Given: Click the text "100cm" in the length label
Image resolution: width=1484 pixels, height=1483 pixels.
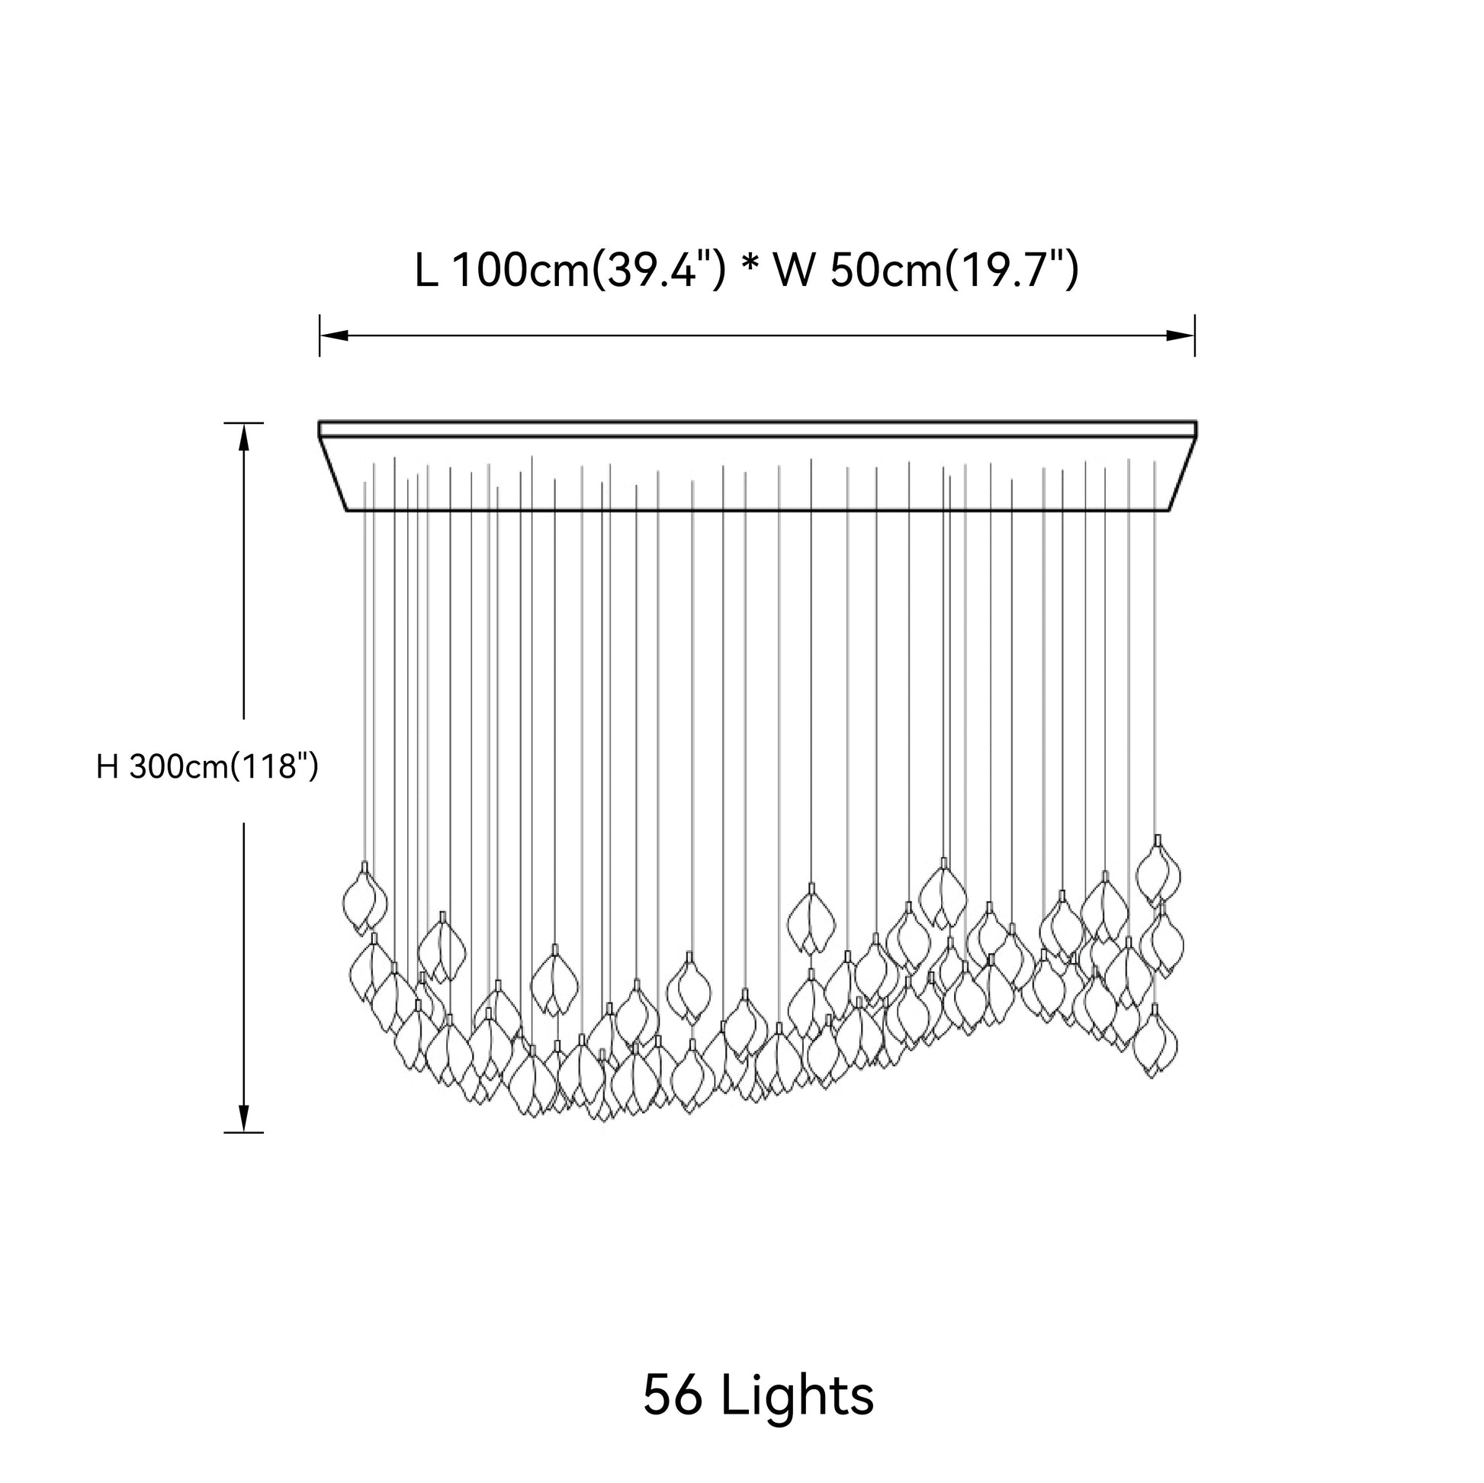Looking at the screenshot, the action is [521, 271].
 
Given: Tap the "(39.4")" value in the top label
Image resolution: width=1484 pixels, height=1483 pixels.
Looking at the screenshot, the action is [657, 271].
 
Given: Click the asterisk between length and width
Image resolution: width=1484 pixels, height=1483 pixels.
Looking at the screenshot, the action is [747, 265].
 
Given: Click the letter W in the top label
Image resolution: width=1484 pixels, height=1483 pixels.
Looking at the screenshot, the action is [793, 271].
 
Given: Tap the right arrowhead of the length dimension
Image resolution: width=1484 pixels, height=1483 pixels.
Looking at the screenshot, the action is [1180, 335].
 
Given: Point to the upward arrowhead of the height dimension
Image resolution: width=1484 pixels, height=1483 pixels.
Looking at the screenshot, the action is [243, 438].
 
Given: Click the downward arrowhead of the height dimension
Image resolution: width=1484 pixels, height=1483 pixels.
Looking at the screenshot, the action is [243, 1118].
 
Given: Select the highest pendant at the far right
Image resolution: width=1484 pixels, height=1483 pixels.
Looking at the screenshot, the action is [1158, 871].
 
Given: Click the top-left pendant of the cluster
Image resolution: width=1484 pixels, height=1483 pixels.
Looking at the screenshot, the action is [365, 898].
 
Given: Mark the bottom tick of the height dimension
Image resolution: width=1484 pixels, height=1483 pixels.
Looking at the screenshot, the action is [243, 1132].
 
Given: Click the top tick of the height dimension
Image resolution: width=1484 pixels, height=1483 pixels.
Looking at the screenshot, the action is [243, 423].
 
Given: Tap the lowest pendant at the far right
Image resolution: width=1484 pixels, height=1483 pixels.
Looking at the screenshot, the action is [1155, 1041].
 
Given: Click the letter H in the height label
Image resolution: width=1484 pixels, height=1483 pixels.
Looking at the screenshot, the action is [107, 766].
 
